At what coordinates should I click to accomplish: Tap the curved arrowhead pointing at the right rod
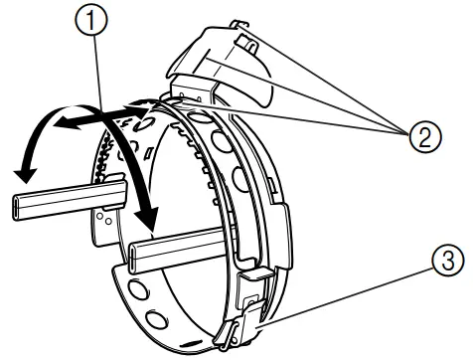[x=149, y=214]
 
